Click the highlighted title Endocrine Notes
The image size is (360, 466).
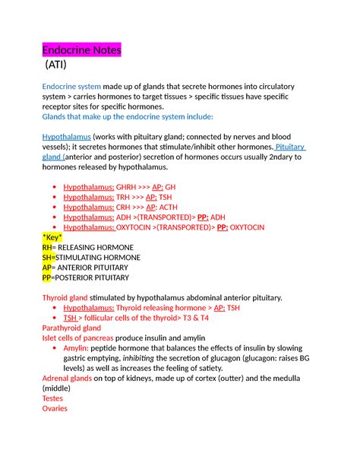81,51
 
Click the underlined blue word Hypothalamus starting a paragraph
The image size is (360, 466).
66,138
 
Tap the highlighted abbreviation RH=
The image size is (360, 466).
49,248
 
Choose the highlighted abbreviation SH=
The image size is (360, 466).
49,258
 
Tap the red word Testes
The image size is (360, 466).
53,398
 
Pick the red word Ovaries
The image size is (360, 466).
55,408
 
